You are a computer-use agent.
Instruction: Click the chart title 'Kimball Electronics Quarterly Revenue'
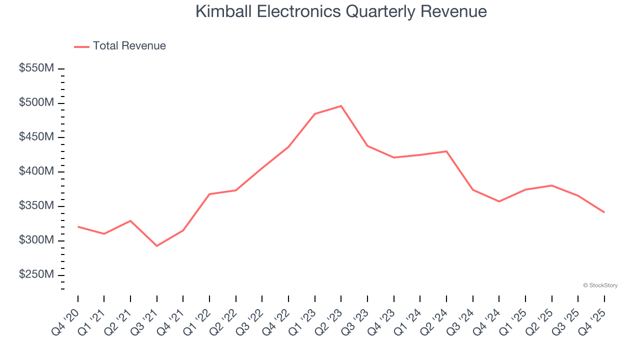[340, 11]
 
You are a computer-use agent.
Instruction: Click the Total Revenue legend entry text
[129, 46]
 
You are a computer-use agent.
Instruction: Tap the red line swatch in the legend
[81, 46]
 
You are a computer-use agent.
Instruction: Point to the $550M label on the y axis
[36, 68]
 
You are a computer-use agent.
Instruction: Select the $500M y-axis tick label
[36, 102]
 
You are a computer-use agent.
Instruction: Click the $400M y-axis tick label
[36, 171]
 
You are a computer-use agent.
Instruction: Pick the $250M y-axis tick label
[36, 275]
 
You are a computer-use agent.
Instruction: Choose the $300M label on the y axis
[36, 240]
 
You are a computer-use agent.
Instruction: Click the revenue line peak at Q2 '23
[341, 106]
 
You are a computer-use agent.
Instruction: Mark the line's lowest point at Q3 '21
[157, 245]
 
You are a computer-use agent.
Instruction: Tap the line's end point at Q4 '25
[604, 212]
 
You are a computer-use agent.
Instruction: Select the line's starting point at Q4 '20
[78, 226]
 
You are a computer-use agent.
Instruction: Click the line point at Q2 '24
[446, 151]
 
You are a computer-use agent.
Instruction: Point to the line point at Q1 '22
[209, 194]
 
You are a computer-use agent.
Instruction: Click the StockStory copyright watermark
[600, 285]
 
